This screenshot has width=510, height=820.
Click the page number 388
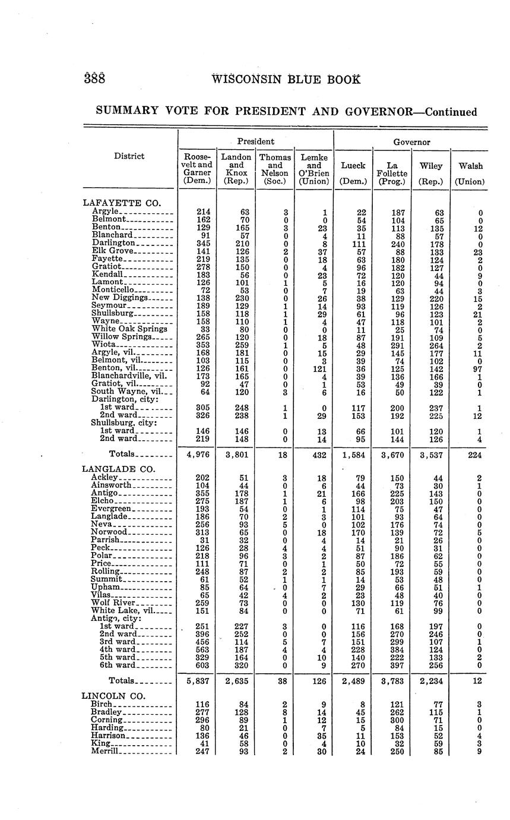tap(93, 79)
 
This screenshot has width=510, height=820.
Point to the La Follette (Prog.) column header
tap(391, 170)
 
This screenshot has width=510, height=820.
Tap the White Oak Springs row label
tap(129, 328)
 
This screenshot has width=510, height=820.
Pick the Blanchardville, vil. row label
tap(131, 376)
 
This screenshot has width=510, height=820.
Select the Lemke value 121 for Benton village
tap(314, 368)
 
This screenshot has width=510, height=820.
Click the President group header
tap(255, 142)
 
